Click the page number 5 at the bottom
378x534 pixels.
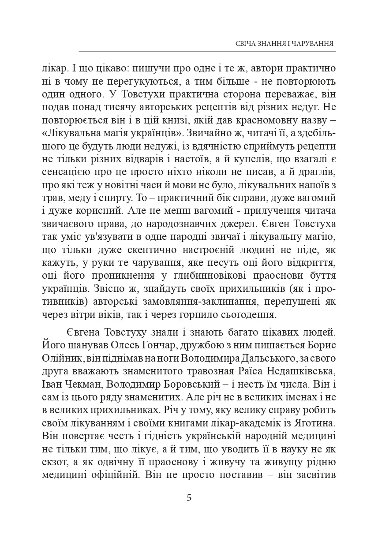[x=189, y=499]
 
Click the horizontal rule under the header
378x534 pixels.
[x=207, y=52]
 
